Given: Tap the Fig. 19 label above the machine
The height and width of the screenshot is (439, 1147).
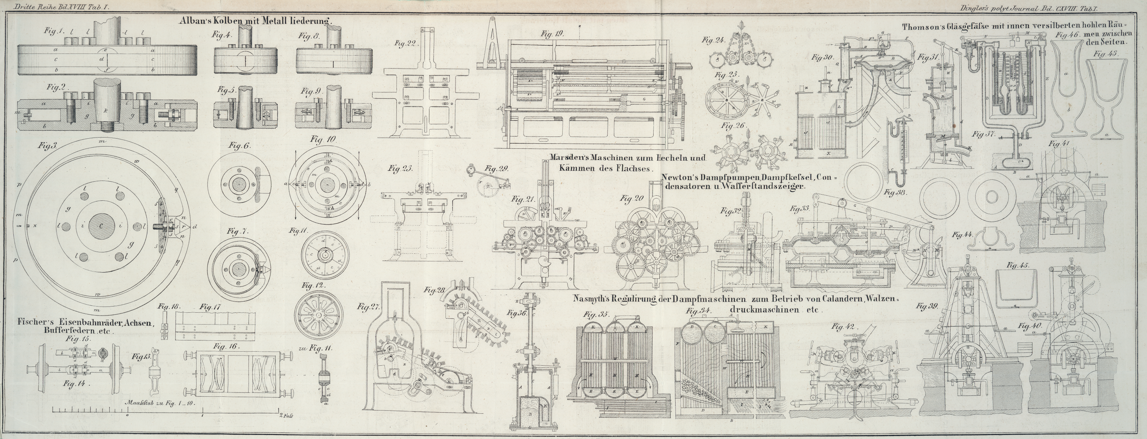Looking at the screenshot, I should click(553, 34).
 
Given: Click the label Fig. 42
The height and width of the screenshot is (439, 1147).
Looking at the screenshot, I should click(843, 327).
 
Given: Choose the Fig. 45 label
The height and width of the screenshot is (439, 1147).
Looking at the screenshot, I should click(1018, 266).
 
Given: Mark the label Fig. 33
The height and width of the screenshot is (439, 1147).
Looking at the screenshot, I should click(800, 209).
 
